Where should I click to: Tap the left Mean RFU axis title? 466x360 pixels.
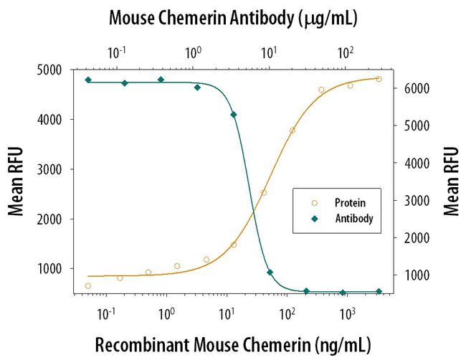tap(15, 181)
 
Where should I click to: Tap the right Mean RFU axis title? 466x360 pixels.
tap(452, 181)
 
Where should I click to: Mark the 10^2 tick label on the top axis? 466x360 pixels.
tap(346, 52)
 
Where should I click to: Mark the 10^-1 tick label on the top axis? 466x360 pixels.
tap(116, 52)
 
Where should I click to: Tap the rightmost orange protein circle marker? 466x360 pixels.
tap(379, 79)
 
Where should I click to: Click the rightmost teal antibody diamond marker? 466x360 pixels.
tap(379, 292)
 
